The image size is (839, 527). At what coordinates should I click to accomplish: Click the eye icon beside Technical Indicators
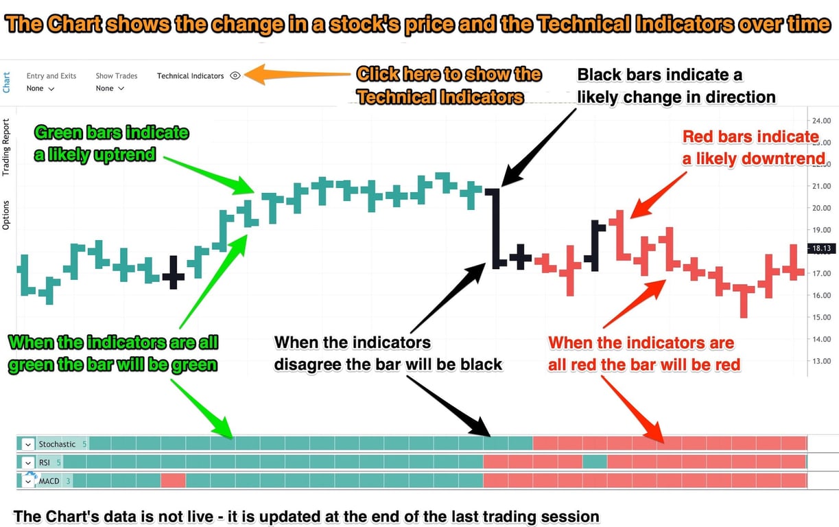(x=235, y=76)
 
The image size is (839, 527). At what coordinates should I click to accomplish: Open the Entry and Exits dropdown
(x=40, y=89)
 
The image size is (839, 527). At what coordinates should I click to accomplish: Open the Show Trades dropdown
(x=110, y=89)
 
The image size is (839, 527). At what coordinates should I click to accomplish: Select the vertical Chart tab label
(x=6, y=82)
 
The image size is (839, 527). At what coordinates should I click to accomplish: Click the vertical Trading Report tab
(x=6, y=147)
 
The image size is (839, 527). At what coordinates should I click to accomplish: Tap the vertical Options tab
(x=6, y=214)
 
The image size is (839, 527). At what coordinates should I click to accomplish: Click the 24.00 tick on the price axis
(x=820, y=119)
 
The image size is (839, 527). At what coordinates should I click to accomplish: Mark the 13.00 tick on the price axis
(x=820, y=361)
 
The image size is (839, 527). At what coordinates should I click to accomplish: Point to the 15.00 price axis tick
(x=820, y=317)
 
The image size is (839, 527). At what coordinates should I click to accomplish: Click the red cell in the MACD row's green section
(x=173, y=481)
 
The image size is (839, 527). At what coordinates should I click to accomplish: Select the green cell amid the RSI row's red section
(x=595, y=462)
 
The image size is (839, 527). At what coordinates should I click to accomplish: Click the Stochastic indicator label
(x=57, y=444)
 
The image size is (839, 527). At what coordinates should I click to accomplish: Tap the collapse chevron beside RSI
(x=28, y=462)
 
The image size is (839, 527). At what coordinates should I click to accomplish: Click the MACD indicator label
(x=49, y=481)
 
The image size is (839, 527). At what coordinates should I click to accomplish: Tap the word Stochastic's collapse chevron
(x=28, y=444)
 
